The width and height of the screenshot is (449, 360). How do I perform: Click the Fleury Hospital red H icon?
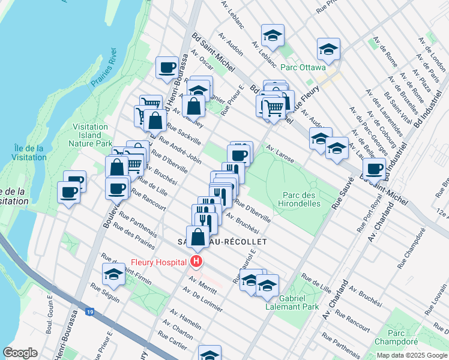click(x=196, y=261)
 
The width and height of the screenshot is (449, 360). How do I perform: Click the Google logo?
click(x=20, y=353)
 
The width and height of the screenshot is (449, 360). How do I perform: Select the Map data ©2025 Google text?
click(x=411, y=355)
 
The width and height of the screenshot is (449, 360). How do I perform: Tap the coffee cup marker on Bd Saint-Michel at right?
click(x=374, y=169)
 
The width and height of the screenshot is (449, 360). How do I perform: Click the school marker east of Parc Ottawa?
click(x=328, y=50)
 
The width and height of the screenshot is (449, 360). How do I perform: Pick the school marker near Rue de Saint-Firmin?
click(x=113, y=274)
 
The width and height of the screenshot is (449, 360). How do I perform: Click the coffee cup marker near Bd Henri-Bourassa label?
click(x=167, y=67)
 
